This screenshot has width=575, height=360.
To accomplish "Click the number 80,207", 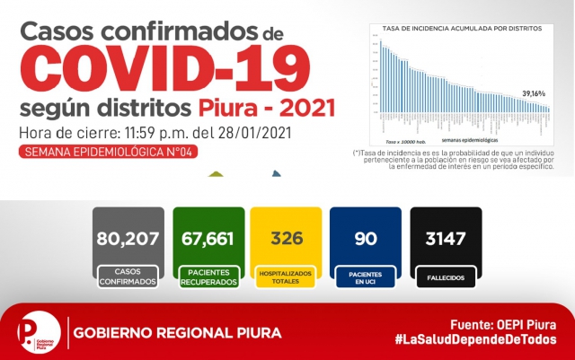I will (128, 240).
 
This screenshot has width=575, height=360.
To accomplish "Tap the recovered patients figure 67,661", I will (208, 240).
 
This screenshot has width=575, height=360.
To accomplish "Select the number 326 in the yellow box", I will (286, 240).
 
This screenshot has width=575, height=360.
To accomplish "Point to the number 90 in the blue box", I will (365, 240).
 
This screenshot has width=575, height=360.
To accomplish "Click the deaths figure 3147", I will (446, 240).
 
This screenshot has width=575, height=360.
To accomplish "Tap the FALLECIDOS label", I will (446, 278).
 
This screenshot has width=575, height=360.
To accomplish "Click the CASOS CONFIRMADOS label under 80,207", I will (128, 277).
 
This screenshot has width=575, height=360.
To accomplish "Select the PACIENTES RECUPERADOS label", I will (208, 277).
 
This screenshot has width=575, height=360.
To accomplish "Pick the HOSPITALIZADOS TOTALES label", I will (286, 277).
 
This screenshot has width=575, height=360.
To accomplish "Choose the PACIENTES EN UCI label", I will (365, 277).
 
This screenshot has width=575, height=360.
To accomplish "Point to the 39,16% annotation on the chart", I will (534, 93).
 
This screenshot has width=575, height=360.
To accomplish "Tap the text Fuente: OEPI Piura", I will (502, 323).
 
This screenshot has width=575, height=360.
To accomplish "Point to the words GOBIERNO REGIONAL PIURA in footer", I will (177, 333).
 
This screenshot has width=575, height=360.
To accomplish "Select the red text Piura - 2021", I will (265, 109).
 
